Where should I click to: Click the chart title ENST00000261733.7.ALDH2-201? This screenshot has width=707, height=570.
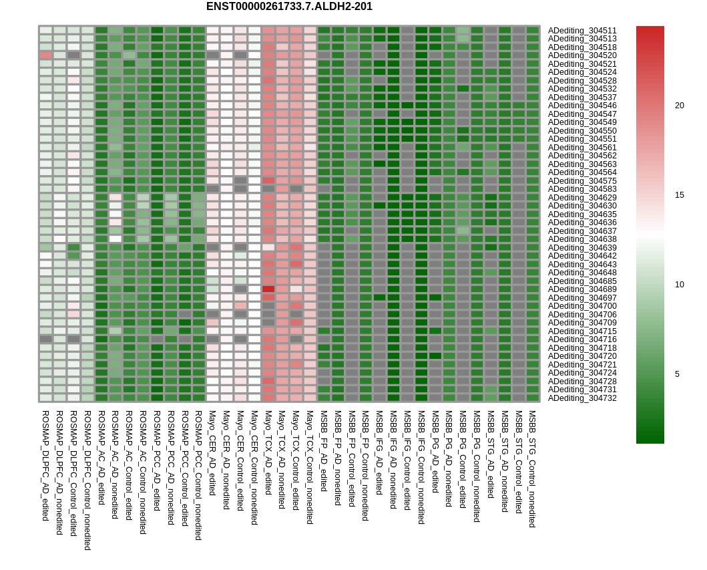point(289,7)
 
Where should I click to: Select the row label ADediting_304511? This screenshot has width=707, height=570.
point(582,31)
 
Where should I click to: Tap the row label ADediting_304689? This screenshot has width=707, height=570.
point(582,289)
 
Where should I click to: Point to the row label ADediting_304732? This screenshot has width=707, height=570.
point(582,398)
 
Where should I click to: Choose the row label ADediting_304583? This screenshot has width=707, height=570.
point(582,189)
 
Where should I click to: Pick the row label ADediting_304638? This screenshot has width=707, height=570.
point(582,239)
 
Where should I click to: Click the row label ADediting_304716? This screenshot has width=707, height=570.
point(582,339)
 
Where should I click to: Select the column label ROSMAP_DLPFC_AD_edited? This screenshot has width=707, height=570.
point(45,466)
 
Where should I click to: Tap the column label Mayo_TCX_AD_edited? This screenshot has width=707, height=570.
point(268,452)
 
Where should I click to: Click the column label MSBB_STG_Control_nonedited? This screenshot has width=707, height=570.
point(532,469)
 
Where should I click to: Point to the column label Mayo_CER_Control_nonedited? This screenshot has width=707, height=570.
point(254,468)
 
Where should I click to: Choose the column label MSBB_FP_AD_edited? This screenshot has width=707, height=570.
point(324,451)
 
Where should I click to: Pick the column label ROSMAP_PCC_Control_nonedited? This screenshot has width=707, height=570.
point(198,475)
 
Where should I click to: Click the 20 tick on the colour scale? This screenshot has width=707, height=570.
point(679,106)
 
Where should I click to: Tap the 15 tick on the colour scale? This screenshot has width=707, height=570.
point(679,195)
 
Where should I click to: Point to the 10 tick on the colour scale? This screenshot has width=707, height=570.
point(679,285)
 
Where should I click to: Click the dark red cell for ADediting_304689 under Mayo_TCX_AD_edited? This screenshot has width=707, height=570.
point(268,289)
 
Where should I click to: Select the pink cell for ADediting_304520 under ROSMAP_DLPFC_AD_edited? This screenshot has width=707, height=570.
point(45,55)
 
